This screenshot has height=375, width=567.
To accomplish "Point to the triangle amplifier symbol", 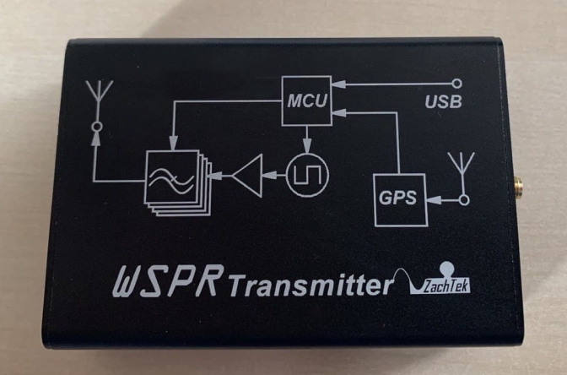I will tap(247, 176).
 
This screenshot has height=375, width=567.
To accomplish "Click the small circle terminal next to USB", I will tap(456, 84).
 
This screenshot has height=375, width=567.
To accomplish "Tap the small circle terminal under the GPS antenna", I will tap(462, 199).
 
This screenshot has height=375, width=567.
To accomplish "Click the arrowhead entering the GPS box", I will tap(431, 199).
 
